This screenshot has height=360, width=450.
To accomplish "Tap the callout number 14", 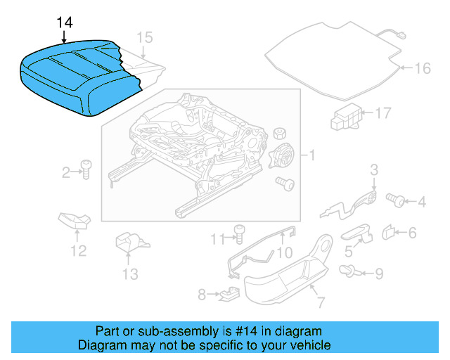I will tap(64, 22).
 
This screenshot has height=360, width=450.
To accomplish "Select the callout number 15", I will tap(143, 37).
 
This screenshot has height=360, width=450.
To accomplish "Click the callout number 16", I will tap(422, 68).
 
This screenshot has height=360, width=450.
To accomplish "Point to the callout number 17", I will tap(382, 112).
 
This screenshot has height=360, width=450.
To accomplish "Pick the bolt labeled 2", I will tap(86, 169).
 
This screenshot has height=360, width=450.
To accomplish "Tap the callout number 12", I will tap(77, 250).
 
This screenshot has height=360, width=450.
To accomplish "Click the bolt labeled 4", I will tap(397, 201).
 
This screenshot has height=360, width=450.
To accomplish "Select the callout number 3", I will tap(374, 169).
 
